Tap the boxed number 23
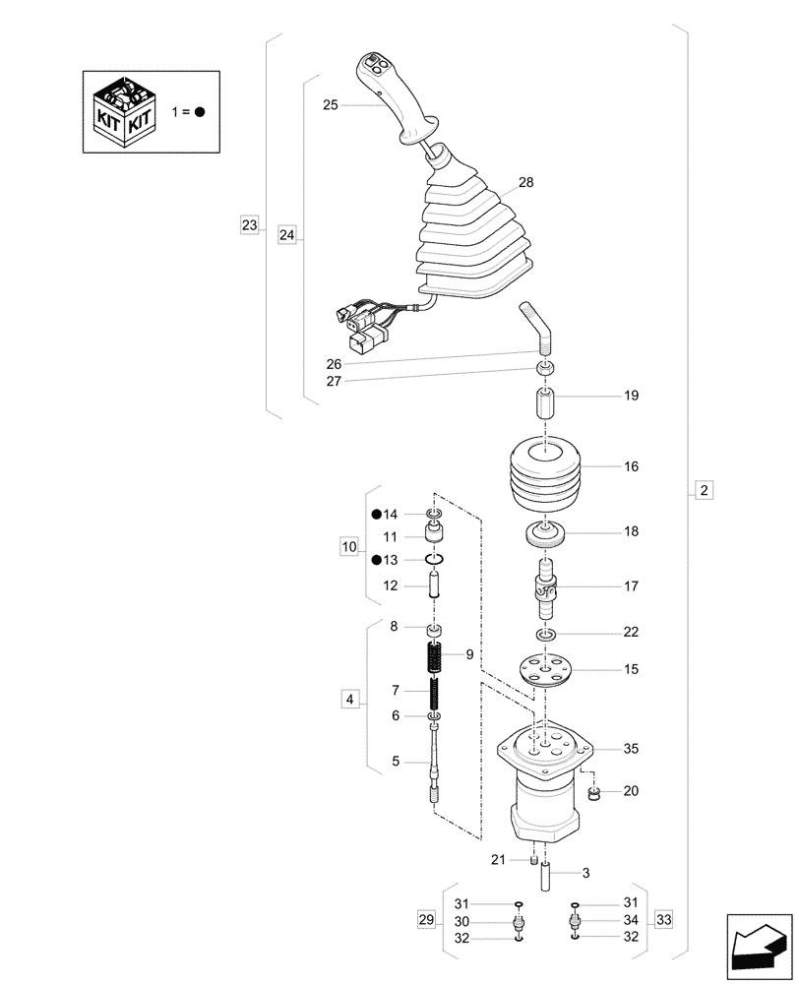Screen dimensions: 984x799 249,225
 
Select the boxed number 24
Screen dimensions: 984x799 286,234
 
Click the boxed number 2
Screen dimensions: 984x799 703,490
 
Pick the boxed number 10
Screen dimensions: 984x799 348,548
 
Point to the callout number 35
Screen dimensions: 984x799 631,748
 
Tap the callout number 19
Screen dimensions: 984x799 631,396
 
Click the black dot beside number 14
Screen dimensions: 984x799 376,515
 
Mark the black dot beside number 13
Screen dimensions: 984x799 376,560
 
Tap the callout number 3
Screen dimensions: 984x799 585,872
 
